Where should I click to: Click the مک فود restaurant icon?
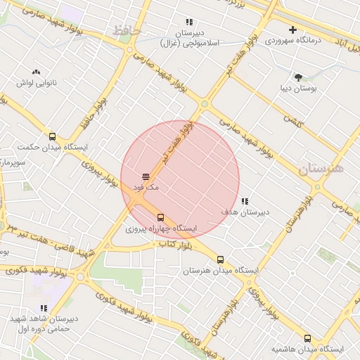click(146, 176)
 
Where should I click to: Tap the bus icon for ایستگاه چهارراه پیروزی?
click(161, 217)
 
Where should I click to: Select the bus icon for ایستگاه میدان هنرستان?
click(221, 259)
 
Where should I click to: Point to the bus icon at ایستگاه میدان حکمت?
click(52, 136)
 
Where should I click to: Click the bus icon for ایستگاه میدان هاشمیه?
click(307, 338)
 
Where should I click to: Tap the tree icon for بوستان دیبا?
click(299, 77)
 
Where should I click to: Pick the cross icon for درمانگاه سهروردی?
click(292, 30)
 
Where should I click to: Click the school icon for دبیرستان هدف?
click(245, 201)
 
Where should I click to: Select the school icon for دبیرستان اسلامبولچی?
click(188, 22)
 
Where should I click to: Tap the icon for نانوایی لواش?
click(36, 72)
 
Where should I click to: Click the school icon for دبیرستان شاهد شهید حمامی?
click(44, 308)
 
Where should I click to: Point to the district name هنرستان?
click(320, 169)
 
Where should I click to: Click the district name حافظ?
click(127, 31)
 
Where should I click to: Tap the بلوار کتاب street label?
click(175, 244)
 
